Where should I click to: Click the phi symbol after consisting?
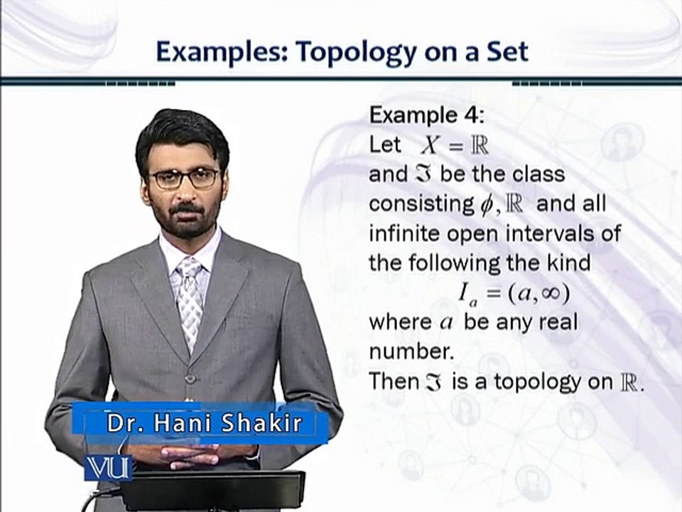click(486, 205)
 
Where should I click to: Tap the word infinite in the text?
click(404, 233)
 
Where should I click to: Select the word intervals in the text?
click(544, 233)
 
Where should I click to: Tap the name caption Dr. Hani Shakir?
click(205, 424)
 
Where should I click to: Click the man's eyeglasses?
click(184, 178)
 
